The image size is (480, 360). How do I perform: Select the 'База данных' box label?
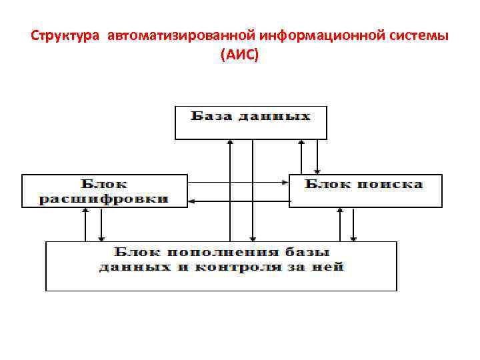tap(251, 116)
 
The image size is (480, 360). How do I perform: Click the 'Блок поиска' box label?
tap(364, 183)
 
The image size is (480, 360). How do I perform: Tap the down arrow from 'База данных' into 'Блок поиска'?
tap(318, 157)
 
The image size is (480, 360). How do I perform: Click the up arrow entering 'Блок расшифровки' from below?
tap(85, 224)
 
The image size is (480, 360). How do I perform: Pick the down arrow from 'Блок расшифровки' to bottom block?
tap(101, 224)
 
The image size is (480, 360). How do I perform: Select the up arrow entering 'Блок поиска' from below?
tap(340, 224)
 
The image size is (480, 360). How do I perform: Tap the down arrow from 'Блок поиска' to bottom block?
tap(354, 224)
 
